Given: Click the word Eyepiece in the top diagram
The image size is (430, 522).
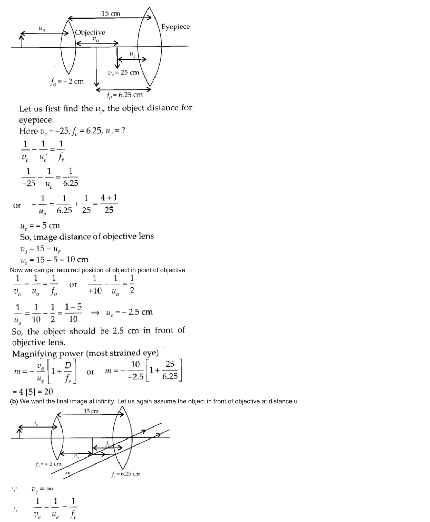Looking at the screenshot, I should [x=176, y=27].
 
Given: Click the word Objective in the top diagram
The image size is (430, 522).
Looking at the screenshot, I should [x=90, y=32].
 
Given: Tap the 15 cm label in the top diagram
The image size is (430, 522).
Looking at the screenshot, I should [x=111, y=13].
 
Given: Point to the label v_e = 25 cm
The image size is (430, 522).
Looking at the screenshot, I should [x=123, y=73].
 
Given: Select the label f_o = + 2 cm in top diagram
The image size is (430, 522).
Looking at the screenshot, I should [x=67, y=82].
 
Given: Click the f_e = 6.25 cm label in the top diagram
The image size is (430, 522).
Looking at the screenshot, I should [x=124, y=95].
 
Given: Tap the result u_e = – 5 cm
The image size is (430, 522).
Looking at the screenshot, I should [x=40, y=225].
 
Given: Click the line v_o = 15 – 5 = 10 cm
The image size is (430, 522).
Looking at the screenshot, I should [x=54, y=260].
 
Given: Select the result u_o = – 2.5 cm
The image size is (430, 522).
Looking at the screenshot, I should [x=129, y=312].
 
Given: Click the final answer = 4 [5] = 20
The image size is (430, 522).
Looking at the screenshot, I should [x=33, y=392].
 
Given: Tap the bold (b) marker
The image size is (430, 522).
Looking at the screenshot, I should [x=14, y=401].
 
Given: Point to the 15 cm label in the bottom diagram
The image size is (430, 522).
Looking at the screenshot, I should [x=91, y=411].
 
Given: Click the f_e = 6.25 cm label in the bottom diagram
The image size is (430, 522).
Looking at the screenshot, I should [x=126, y=474].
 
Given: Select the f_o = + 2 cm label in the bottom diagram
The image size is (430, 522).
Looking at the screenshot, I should [x=48, y=464].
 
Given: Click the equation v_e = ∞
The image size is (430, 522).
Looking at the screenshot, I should [x=42, y=489].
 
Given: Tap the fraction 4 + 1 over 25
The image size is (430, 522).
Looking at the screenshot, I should [x=109, y=204].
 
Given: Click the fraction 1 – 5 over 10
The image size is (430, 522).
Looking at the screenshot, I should [x=73, y=313].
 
